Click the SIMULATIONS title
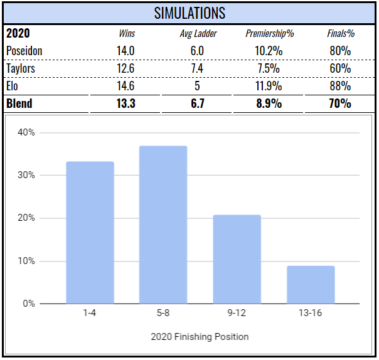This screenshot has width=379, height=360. [189, 13]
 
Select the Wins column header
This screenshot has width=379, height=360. [127, 34]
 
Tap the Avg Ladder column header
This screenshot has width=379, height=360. [198, 34]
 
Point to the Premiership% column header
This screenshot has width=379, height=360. [270, 34]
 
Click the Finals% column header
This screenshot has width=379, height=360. [339, 34]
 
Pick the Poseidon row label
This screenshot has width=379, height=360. [25, 51]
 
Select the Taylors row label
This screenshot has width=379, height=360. [21, 68]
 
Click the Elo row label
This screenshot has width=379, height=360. [14, 86]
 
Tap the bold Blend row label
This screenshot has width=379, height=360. [19, 103]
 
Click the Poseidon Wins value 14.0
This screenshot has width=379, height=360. [127, 51]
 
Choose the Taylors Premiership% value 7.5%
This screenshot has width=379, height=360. [270, 68]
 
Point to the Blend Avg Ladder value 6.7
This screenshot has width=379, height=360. [198, 103]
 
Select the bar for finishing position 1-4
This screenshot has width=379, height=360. [90, 233]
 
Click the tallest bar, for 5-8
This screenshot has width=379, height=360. [163, 225]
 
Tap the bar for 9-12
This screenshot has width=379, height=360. [237, 260]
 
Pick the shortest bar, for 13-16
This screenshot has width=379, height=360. [311, 285]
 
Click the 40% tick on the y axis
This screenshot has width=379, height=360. [26, 132]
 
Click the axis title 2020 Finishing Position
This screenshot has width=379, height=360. [200, 337]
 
